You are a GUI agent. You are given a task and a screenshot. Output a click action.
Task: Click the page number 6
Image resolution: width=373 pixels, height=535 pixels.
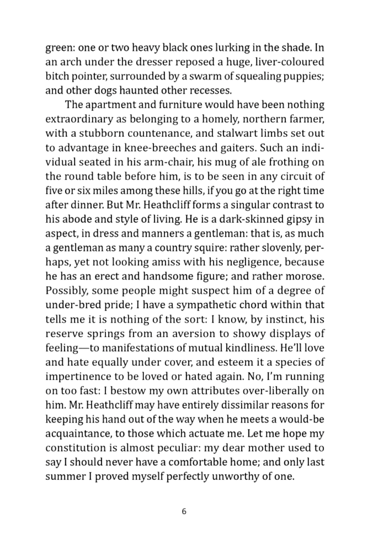point(184,511)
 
